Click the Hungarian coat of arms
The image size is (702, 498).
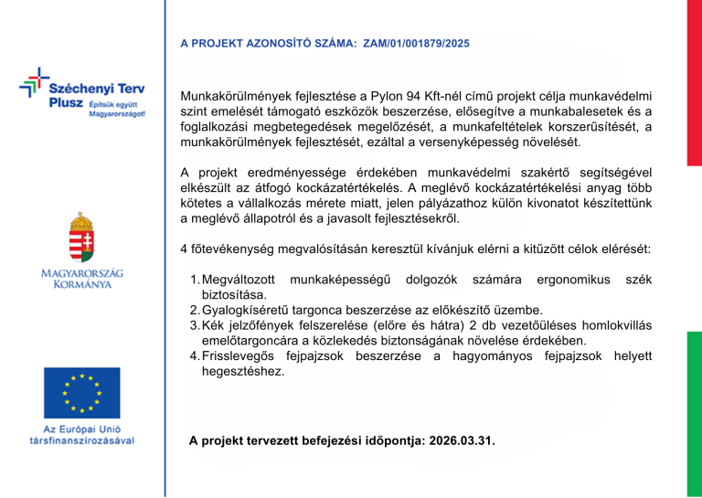click(83, 237)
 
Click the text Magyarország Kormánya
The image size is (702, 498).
click(82, 279)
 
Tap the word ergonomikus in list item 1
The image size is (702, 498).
click(573, 279)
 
